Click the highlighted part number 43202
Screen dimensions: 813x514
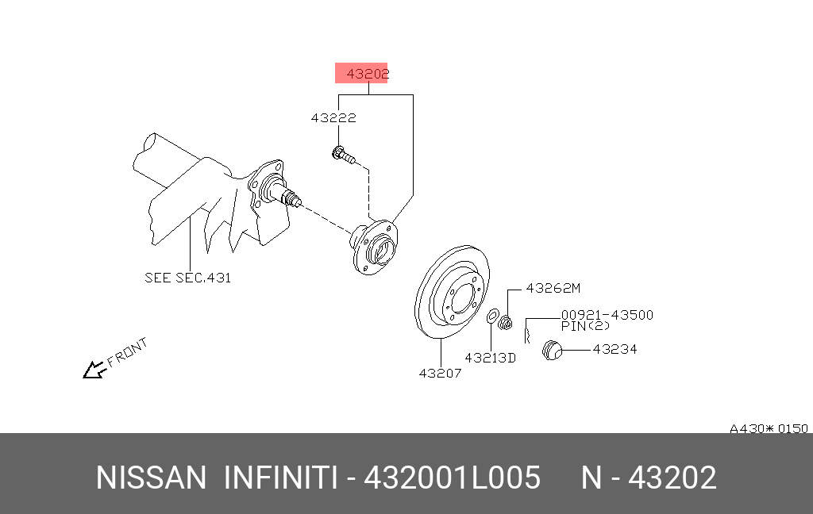coord(367,74)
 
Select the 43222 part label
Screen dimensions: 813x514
coord(333,118)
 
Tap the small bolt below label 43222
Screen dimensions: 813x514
coord(343,155)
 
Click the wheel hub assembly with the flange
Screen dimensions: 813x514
coord(375,247)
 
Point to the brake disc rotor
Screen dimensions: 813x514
coord(452,292)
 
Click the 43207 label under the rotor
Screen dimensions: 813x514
coord(440,373)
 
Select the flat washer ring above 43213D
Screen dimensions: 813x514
coord(492,316)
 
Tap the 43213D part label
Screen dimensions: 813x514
coord(490,358)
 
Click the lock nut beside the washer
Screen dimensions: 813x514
coord(505,323)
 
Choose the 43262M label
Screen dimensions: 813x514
coord(553,288)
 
